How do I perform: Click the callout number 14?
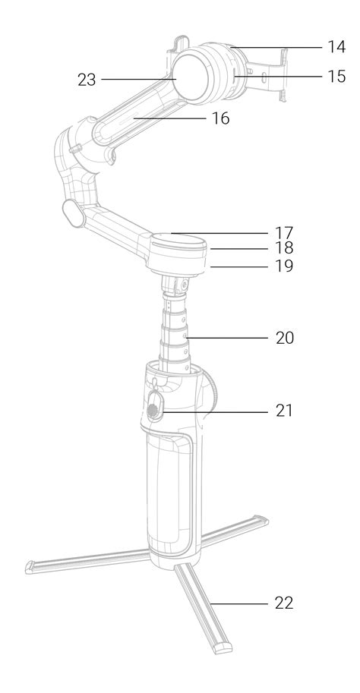coord(336,47)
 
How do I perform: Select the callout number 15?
coord(336,77)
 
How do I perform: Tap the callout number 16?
coord(220,118)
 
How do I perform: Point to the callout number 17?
coord(284,232)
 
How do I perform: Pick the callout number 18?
coord(284,248)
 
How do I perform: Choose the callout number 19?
coord(284,266)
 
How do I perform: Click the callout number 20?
coord(284,338)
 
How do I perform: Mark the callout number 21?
coord(284,411)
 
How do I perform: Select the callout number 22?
coord(284,603)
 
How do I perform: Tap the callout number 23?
coord(87,80)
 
